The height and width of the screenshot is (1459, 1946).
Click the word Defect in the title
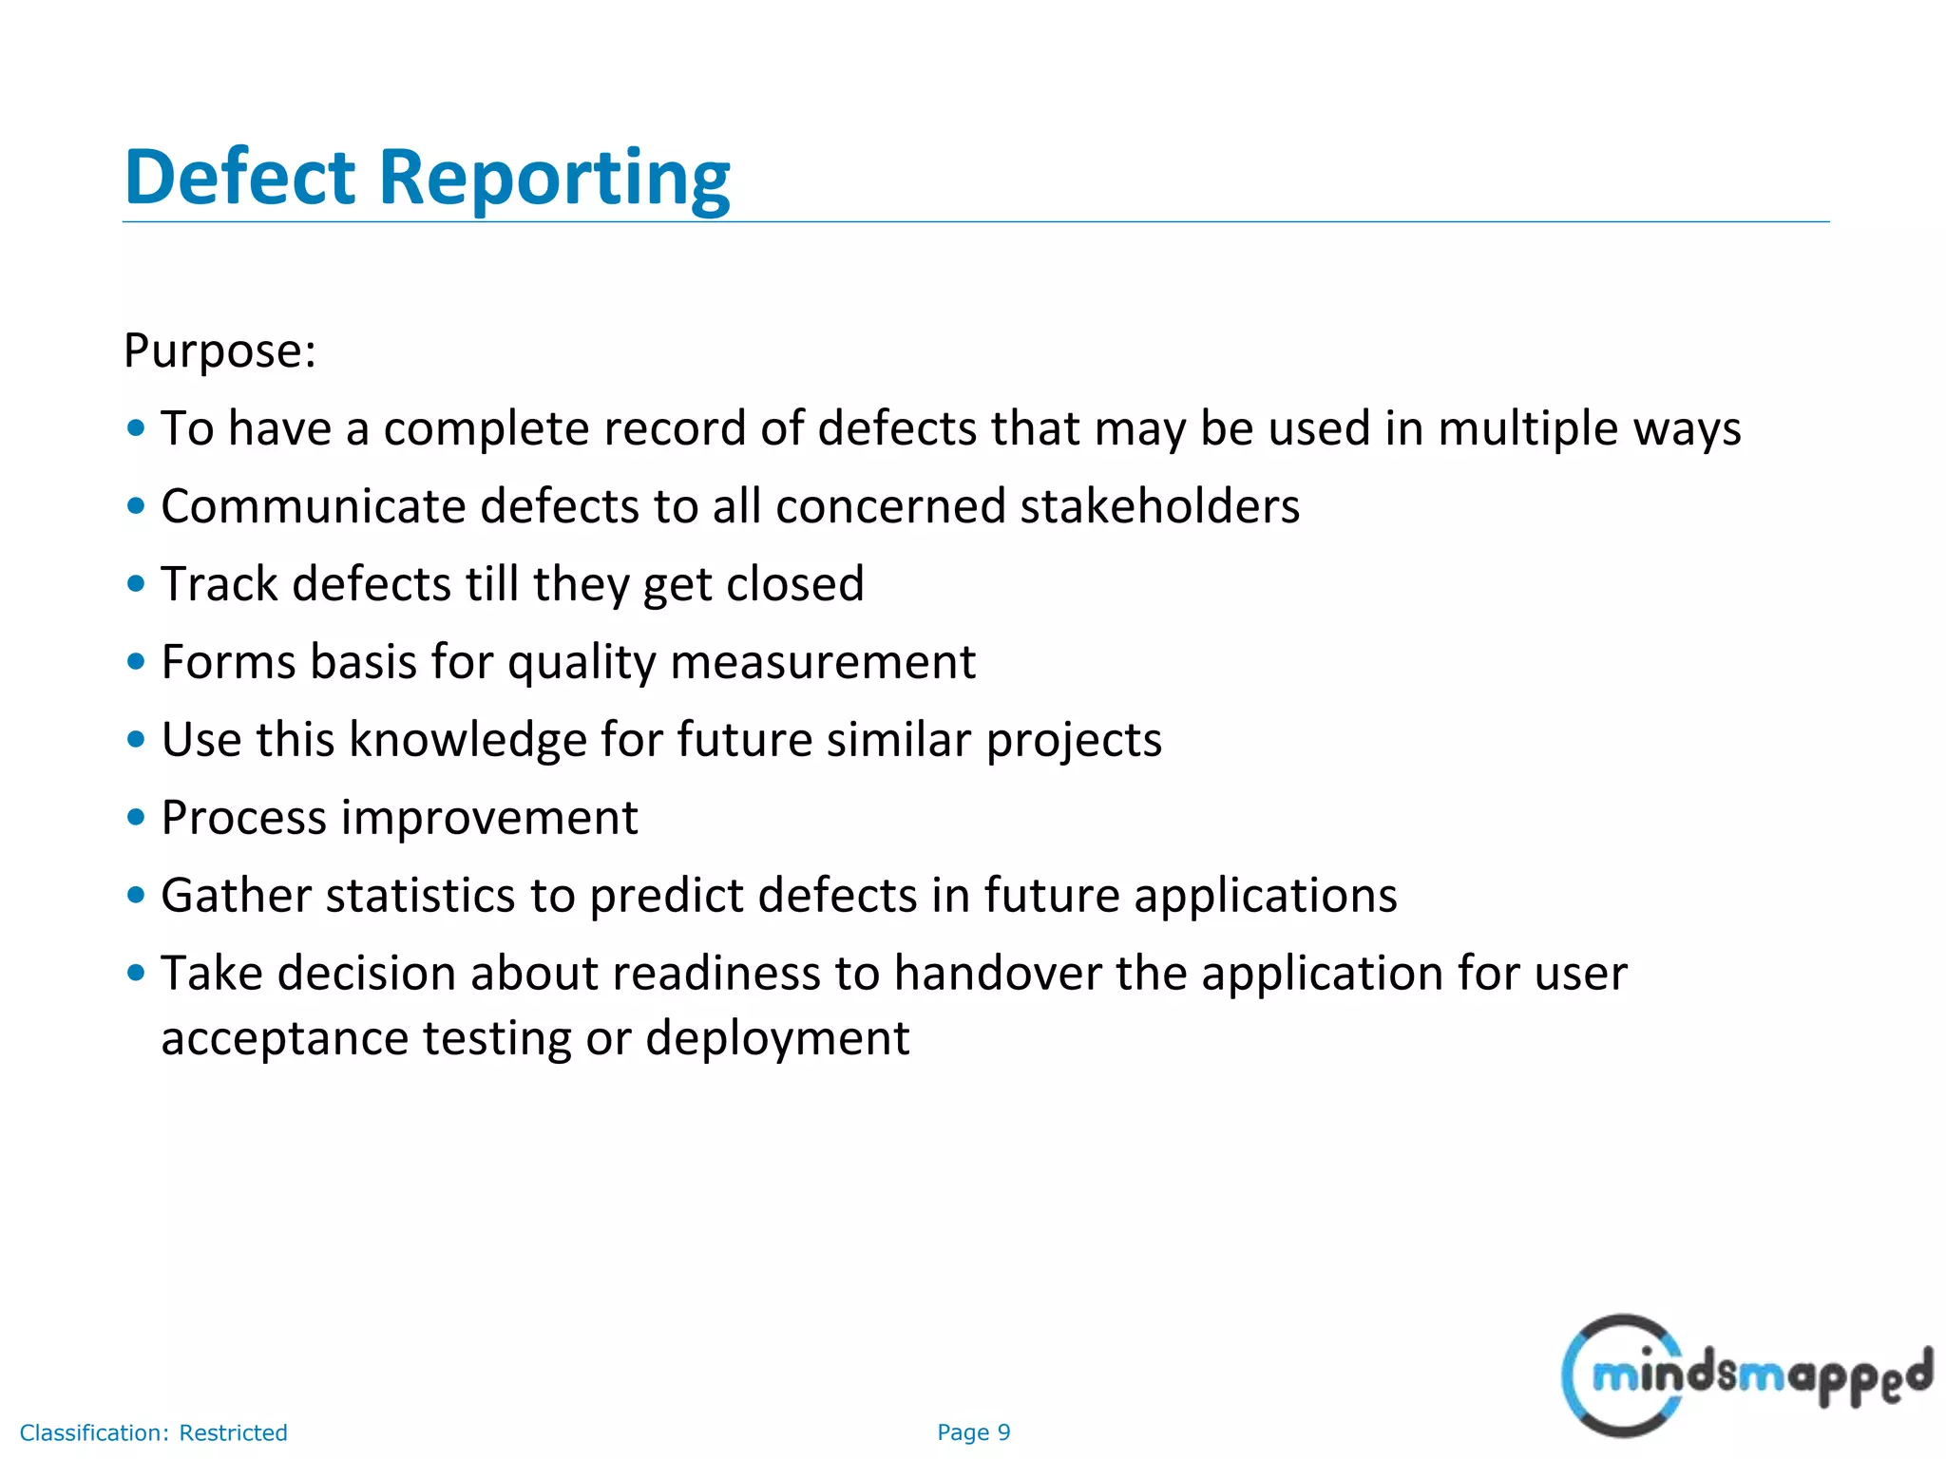click(239, 178)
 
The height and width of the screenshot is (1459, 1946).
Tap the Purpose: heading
click(219, 351)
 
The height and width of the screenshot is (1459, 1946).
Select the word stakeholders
click(1159, 506)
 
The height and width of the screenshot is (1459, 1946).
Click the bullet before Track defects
click(136, 584)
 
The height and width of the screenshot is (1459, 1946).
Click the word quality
click(582, 662)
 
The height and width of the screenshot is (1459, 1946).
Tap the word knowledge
click(467, 740)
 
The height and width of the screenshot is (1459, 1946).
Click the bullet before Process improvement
click(136, 818)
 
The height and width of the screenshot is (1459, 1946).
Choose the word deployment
click(777, 1038)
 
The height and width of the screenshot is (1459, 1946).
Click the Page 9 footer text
click(973, 1432)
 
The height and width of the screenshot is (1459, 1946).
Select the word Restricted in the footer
click(233, 1432)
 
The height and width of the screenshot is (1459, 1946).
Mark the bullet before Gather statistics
click(136, 896)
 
